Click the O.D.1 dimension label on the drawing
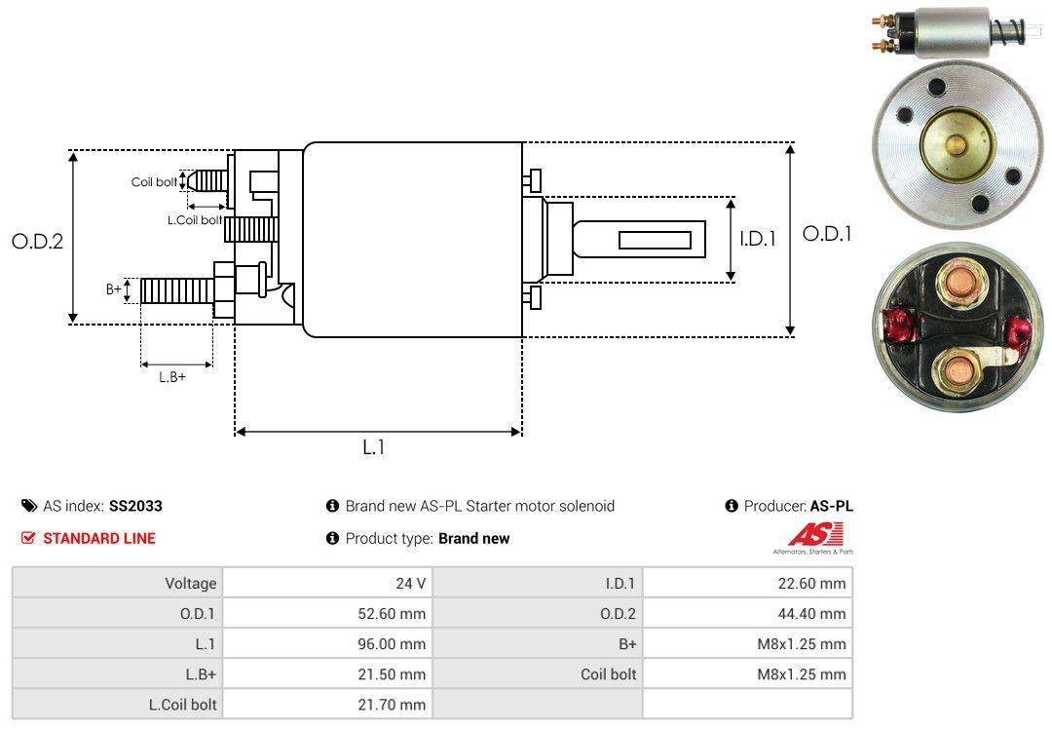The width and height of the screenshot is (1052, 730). point(827,234)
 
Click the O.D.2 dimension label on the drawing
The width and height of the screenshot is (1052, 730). point(37,241)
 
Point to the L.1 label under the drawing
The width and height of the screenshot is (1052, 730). point(374,447)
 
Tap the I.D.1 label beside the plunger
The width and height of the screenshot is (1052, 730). point(757,237)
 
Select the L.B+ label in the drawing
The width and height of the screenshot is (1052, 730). point(172,377)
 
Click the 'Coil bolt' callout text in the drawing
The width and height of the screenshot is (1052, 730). point(154,182)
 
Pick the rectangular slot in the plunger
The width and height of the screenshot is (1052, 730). point(655,240)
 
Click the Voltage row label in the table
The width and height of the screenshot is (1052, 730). point(190,584)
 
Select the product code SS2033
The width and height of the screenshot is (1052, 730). point(135,506)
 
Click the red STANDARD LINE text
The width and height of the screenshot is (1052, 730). point(98,538)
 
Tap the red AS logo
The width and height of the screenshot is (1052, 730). point(808,535)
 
